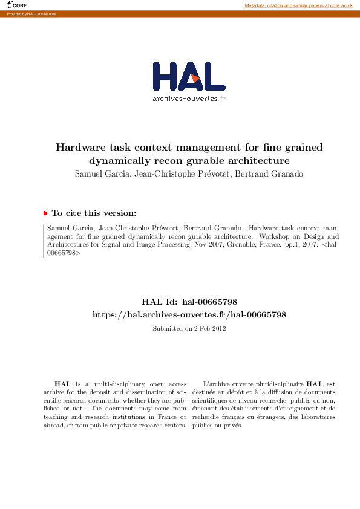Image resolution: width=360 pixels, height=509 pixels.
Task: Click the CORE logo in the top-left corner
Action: (x=18, y=5)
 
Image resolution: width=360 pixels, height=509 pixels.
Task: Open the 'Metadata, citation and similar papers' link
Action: (x=298, y=5)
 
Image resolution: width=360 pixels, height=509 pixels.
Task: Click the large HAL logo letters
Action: (x=189, y=76)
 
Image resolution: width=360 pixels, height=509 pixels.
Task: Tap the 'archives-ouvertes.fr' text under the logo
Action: (x=189, y=98)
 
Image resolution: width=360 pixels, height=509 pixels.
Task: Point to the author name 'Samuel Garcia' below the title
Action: (x=96, y=175)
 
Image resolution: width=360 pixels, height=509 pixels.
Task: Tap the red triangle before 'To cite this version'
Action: (x=45, y=213)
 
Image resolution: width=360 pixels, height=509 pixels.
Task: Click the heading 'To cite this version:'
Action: (x=94, y=213)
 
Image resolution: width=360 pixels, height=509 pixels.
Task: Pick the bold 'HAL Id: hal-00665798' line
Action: (x=189, y=302)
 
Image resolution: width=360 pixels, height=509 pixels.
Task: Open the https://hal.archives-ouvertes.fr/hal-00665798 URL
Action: (x=189, y=314)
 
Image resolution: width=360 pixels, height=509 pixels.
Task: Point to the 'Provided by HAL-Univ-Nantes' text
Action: (x=30, y=13)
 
